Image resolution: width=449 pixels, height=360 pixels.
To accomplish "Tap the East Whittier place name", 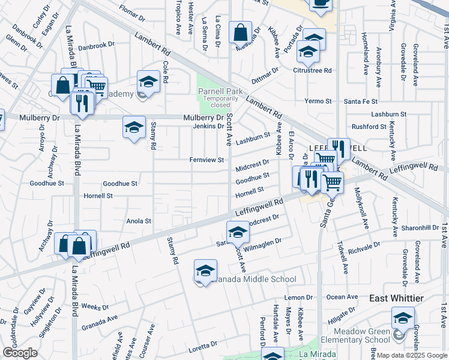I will click(x=396, y=298).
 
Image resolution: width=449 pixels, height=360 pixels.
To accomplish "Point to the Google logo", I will click(x=20, y=353).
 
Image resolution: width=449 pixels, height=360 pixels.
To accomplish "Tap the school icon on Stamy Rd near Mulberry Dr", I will click(x=134, y=127).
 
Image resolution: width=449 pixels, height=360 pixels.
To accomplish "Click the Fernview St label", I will click(x=206, y=160).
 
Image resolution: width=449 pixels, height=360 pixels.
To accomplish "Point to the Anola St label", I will click(x=139, y=221).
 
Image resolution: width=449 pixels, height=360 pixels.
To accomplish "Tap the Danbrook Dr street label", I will click(x=96, y=45).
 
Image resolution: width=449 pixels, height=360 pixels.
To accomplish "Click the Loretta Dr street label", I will click(x=205, y=344).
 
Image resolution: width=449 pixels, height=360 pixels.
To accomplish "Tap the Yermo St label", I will click(x=314, y=101).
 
